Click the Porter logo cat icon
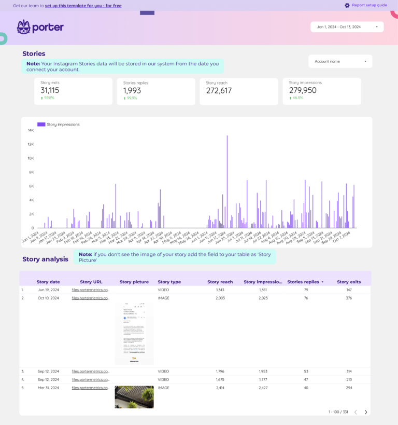23,27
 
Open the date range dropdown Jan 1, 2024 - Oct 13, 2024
347,27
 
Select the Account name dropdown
340,61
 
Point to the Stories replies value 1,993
132,90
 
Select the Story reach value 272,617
219,90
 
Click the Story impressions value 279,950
303,90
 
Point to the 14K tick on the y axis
31,130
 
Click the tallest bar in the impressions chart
227,182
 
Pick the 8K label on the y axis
31,172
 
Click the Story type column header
169,282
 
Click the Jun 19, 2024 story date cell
48,290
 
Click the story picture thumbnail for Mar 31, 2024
134,397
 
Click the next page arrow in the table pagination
366,412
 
